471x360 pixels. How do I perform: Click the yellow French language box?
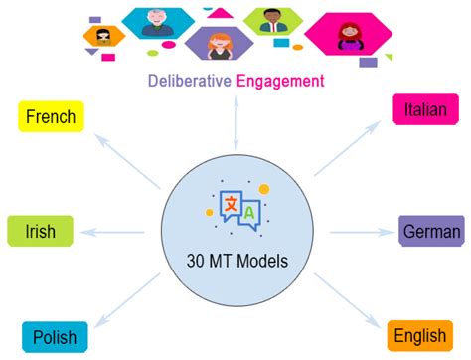coord(51,116)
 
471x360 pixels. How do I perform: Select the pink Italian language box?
coord(425,109)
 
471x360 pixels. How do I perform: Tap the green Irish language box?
coord(40,231)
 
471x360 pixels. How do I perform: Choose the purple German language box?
coord(431,231)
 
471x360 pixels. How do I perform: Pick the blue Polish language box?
coord(55,337)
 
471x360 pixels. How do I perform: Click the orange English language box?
coord(420,336)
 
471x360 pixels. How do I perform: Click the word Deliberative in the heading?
coord(190,81)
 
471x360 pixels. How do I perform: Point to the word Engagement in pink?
coord(280,82)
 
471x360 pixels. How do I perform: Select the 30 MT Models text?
coord(237,261)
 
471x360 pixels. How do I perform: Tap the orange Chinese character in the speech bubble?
coord(231,204)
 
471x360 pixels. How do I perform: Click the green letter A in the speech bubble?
coord(249,213)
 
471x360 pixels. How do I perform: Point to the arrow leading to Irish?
coord(112,232)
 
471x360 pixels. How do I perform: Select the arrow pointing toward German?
coord(362,232)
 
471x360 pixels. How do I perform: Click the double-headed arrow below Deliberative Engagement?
coord(236,123)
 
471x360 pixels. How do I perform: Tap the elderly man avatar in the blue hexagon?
coord(157,23)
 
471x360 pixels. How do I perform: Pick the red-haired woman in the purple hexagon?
coord(220,46)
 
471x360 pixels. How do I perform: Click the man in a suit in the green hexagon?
coord(272,21)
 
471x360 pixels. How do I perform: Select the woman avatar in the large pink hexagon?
coord(350,37)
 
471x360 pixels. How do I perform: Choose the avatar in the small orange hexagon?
coord(103,37)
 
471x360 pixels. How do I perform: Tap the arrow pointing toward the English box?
coord(348,301)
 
